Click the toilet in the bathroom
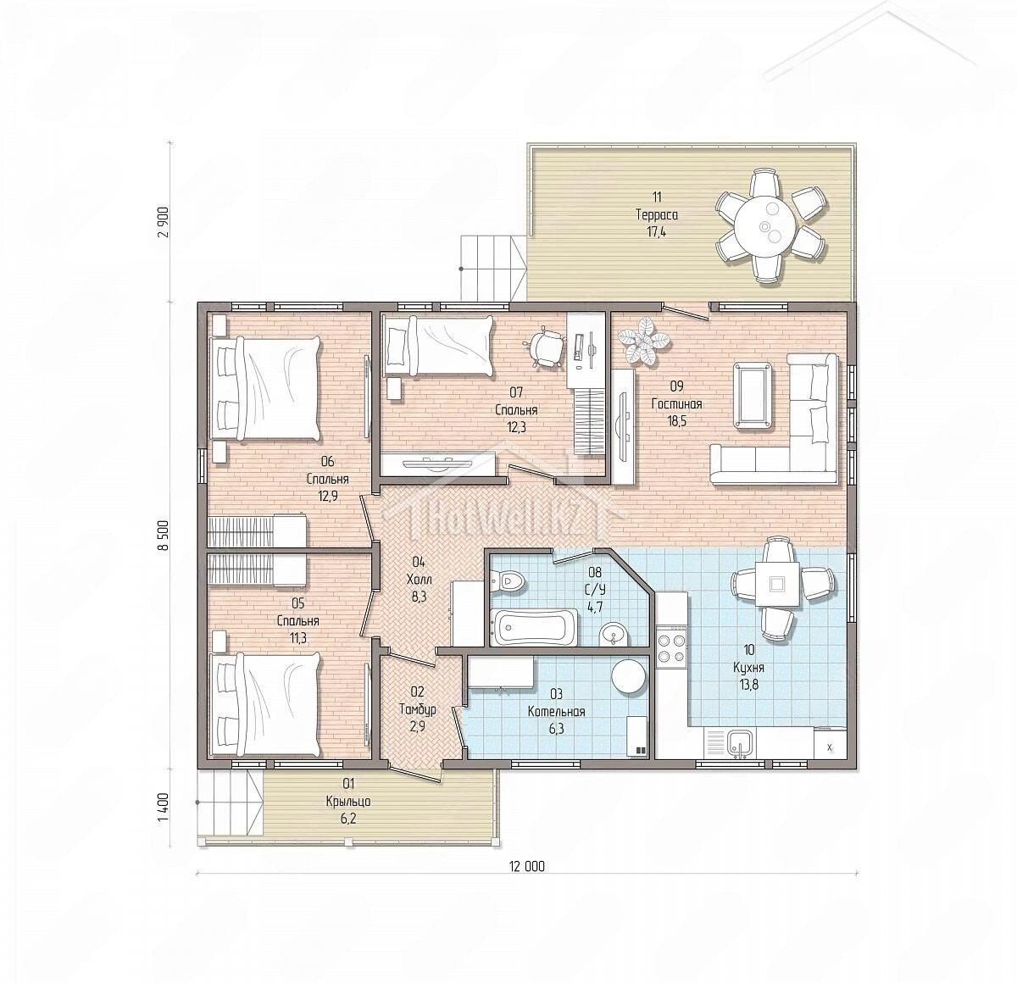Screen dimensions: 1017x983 point(508,580)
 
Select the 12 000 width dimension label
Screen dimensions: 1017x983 point(527,866)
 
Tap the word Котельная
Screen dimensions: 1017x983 point(556,711)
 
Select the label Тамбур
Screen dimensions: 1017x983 point(417,709)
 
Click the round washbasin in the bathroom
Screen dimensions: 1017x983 point(614,634)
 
